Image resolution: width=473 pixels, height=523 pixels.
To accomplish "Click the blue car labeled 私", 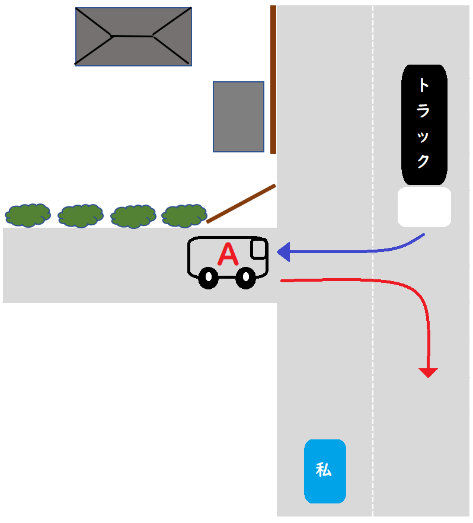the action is (325, 471).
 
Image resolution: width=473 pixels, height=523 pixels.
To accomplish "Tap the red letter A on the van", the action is (228, 254).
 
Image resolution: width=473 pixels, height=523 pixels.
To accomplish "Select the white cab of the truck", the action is (424, 207).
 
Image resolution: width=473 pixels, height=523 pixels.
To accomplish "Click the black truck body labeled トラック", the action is (424, 125).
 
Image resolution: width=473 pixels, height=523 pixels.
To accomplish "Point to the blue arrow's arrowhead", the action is (283, 252).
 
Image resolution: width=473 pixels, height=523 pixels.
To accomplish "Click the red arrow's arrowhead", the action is (428, 373).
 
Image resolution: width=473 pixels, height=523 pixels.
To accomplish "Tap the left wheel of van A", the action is (208, 278).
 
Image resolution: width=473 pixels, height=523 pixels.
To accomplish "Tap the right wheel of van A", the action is (245, 278).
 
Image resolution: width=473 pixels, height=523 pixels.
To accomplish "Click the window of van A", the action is (258, 249).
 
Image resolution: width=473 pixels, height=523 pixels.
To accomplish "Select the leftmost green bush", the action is (28, 215).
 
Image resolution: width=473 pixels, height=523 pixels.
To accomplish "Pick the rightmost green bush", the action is (184, 216).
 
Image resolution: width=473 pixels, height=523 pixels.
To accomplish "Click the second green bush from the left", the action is (81, 216).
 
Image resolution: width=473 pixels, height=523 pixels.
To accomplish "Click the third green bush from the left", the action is (133, 216).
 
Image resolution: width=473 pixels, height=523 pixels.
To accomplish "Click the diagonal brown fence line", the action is (241, 203).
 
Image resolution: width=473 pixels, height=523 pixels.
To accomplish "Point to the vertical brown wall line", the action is (273, 79).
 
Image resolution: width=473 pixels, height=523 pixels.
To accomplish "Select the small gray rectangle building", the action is (239, 117).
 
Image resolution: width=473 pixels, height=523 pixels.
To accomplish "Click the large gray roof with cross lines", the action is (133, 37).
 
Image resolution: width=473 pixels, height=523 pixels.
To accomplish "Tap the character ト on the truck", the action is (423, 85).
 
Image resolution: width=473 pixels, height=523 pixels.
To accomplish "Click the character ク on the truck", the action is (423, 161).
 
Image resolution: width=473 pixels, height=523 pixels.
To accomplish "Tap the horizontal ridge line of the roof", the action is (132, 36).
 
